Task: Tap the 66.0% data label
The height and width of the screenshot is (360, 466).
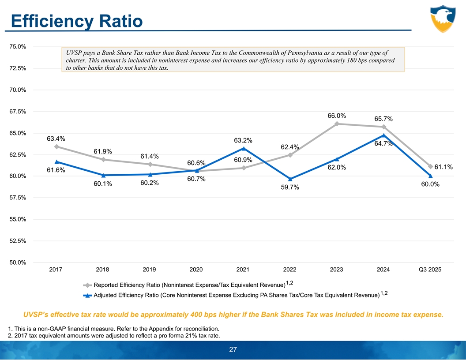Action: coord(336,116)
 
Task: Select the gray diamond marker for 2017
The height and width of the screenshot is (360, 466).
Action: coord(56,146)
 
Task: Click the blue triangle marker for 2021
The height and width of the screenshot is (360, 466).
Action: coord(243,148)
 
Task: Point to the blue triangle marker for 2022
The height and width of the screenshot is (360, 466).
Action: coord(290,179)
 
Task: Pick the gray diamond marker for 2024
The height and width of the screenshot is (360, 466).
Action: coord(384,127)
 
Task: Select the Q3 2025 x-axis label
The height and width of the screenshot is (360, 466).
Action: coord(430,270)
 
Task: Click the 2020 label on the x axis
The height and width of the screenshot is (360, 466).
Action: coord(196,270)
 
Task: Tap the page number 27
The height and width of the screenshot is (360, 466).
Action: coord(233,350)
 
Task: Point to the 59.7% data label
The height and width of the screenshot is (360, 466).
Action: coord(290,188)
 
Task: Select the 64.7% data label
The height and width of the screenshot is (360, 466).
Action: coord(383,143)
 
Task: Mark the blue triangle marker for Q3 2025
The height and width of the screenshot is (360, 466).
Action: coord(430,176)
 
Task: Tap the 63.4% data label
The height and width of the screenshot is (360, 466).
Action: coord(56,139)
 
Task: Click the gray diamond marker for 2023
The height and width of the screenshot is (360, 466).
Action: coord(337,124)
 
